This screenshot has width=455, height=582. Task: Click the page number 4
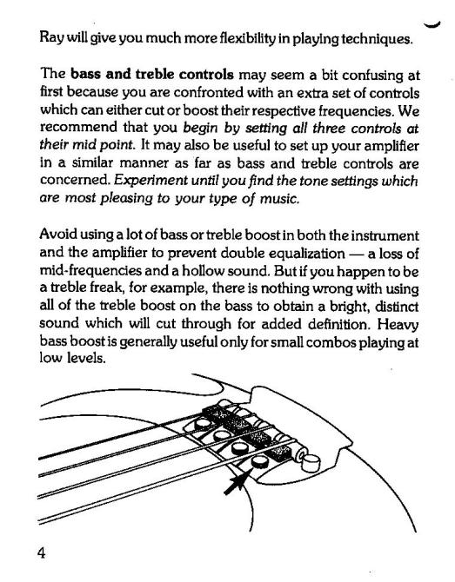coord(41,553)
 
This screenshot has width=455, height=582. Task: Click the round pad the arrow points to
coord(259,462)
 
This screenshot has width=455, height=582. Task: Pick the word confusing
coord(373,76)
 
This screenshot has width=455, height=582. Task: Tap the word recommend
coord(78,127)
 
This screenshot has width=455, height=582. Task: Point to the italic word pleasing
coord(126,199)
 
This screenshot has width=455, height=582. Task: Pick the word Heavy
coord(398,325)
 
